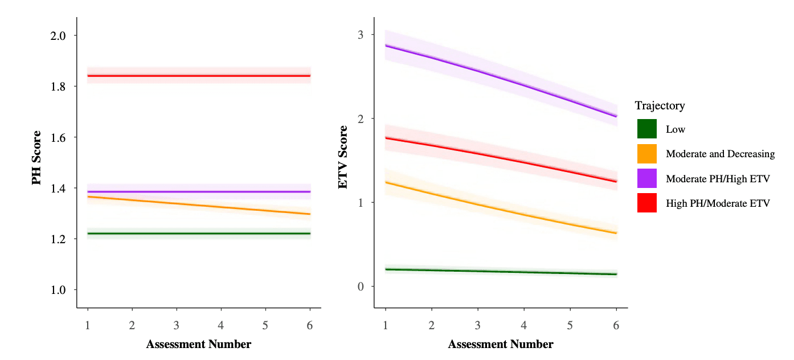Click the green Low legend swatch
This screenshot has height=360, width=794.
pos(646,129)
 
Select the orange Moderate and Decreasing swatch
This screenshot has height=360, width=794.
pos(646,153)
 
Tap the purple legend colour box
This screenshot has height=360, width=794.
pos(646,178)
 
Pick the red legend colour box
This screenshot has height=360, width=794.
pos(646,203)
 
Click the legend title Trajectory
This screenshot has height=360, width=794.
pos(660,105)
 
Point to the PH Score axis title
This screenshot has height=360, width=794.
pos(36,158)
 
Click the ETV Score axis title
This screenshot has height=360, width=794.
pos(343,162)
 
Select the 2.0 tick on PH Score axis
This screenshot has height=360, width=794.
pos(55,36)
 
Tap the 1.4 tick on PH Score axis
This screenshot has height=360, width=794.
pos(55,189)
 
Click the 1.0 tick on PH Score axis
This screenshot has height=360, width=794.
pos(55,290)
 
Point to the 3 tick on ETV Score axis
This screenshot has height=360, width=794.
pos(361,35)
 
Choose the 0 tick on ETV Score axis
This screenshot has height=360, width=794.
pos(361,287)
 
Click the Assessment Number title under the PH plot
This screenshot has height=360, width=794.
pos(198,344)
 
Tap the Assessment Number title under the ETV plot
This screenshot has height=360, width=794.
pos(500,344)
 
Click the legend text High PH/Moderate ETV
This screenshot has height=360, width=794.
pos(718,203)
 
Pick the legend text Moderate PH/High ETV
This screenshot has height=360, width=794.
pos(718,179)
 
